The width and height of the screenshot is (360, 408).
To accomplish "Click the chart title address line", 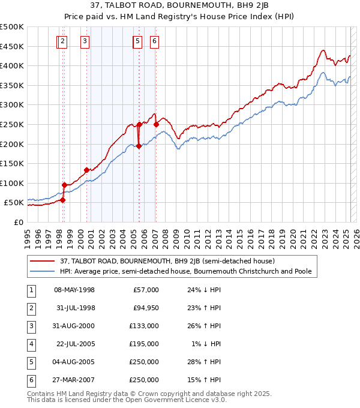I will [179, 6].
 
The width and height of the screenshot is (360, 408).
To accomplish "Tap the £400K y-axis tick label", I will [13, 65].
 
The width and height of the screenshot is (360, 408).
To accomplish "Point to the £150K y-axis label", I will [13, 163].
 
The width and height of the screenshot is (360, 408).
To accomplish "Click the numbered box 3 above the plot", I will [85, 41].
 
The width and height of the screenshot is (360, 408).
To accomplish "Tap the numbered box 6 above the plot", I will [155, 41].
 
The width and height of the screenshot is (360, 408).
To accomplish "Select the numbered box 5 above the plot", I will [137, 41].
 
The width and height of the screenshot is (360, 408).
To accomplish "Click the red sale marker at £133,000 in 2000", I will [87, 170].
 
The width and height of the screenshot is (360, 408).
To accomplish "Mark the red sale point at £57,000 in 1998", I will [62, 200].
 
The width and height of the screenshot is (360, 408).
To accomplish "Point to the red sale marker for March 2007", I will [156, 124].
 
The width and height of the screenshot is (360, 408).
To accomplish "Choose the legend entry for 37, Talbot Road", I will [167, 261].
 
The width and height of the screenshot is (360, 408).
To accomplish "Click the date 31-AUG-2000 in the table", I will [74, 326].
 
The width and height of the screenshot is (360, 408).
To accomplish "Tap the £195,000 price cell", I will [146, 344].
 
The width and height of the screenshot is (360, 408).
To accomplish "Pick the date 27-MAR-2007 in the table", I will [74, 380].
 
